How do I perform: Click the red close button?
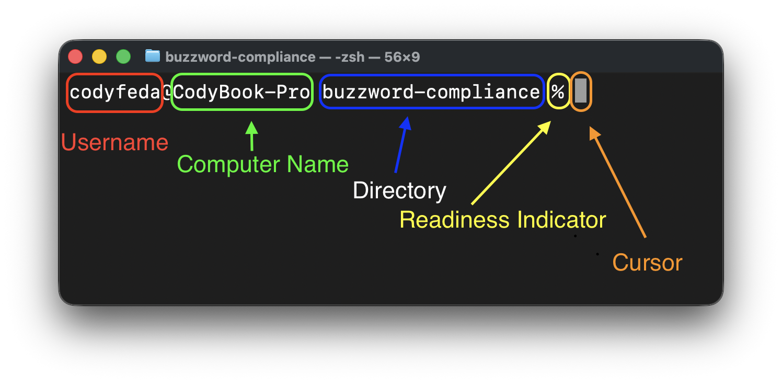[x=76, y=57]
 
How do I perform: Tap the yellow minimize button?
[x=99, y=57]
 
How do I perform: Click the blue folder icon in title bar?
[x=152, y=56]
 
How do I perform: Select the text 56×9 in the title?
[x=402, y=57]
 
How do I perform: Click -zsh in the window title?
[x=350, y=57]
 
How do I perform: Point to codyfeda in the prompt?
[x=114, y=93]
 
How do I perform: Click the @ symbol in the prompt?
[x=167, y=93]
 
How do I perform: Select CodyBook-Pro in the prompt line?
[x=241, y=93]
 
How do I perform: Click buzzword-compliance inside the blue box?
[x=431, y=93]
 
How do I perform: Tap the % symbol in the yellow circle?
[x=558, y=93]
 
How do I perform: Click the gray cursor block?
[x=581, y=91]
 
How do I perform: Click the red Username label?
[x=114, y=142]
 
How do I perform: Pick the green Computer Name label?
[x=263, y=164]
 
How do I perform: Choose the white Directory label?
[x=399, y=190]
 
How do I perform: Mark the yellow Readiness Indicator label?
[x=503, y=220]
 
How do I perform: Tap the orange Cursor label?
[x=647, y=263]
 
